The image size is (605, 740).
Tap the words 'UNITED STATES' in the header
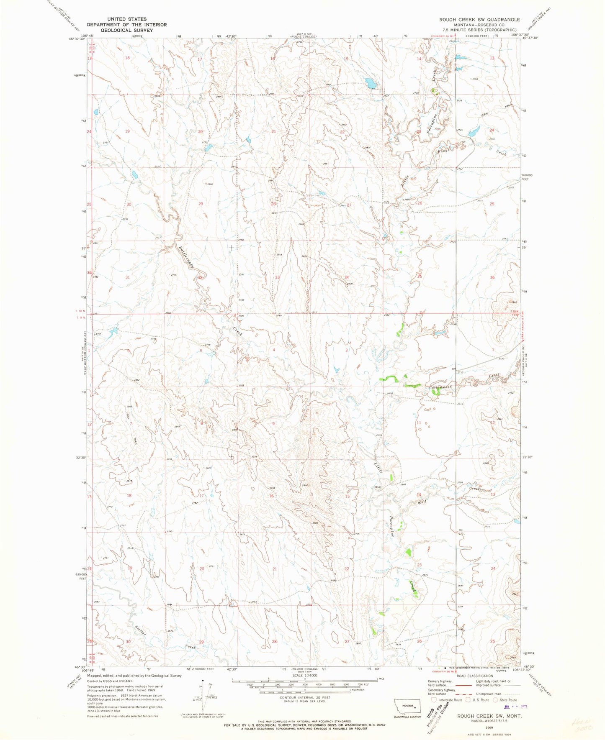click(126, 19)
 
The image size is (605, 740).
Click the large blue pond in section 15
click(370, 83)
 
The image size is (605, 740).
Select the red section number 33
click(277, 277)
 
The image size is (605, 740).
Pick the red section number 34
click(347, 277)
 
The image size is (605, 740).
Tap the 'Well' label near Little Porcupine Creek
click(377, 487)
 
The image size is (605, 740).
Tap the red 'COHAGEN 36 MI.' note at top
click(444, 36)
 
